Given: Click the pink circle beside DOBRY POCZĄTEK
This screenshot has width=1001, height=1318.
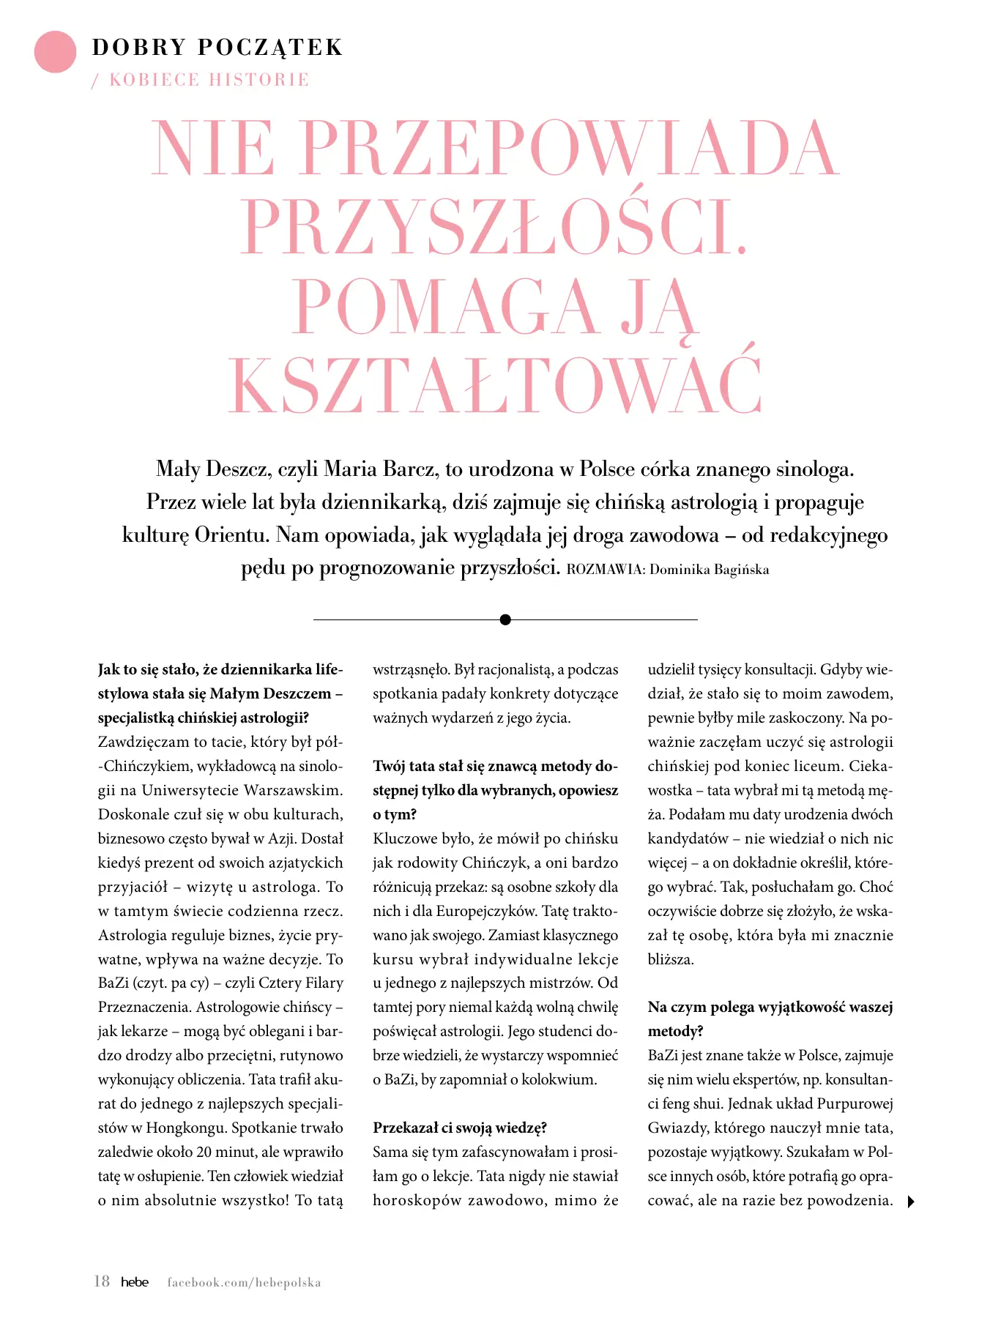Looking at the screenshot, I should pyautogui.click(x=55, y=52).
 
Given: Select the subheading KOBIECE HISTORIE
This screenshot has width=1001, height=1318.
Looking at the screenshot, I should pyautogui.click(x=209, y=80).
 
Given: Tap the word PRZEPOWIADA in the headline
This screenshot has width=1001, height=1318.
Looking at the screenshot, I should pyautogui.click(x=568, y=149).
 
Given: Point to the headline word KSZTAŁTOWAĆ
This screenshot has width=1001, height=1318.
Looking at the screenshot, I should pyautogui.click(x=495, y=386).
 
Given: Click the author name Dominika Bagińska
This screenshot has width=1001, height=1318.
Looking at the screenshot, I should pyautogui.click(x=709, y=570).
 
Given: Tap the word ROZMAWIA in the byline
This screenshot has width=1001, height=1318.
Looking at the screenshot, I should pyautogui.click(x=606, y=570).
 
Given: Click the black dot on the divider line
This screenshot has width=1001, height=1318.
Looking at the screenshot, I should pyautogui.click(x=505, y=619).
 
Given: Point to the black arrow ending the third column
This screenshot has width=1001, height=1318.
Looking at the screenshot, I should pyautogui.click(x=911, y=1202).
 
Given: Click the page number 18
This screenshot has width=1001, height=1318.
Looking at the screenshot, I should pyautogui.click(x=102, y=1281).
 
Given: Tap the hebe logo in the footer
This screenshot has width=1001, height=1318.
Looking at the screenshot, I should pyautogui.click(x=135, y=1282).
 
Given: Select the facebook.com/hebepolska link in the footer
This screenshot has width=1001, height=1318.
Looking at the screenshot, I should pyautogui.click(x=244, y=1283).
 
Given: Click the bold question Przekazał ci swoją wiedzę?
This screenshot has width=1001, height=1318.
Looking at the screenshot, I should pyautogui.click(x=460, y=1128).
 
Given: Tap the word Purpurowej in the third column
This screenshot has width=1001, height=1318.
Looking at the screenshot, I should pyautogui.click(x=855, y=1103).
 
